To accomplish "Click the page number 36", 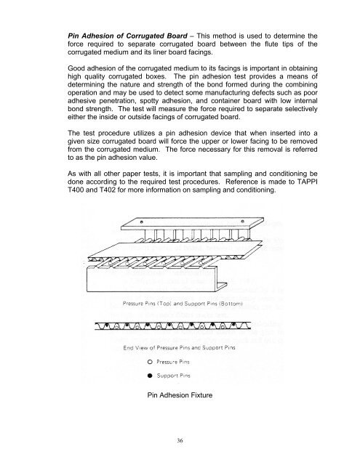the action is [179, 440].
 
